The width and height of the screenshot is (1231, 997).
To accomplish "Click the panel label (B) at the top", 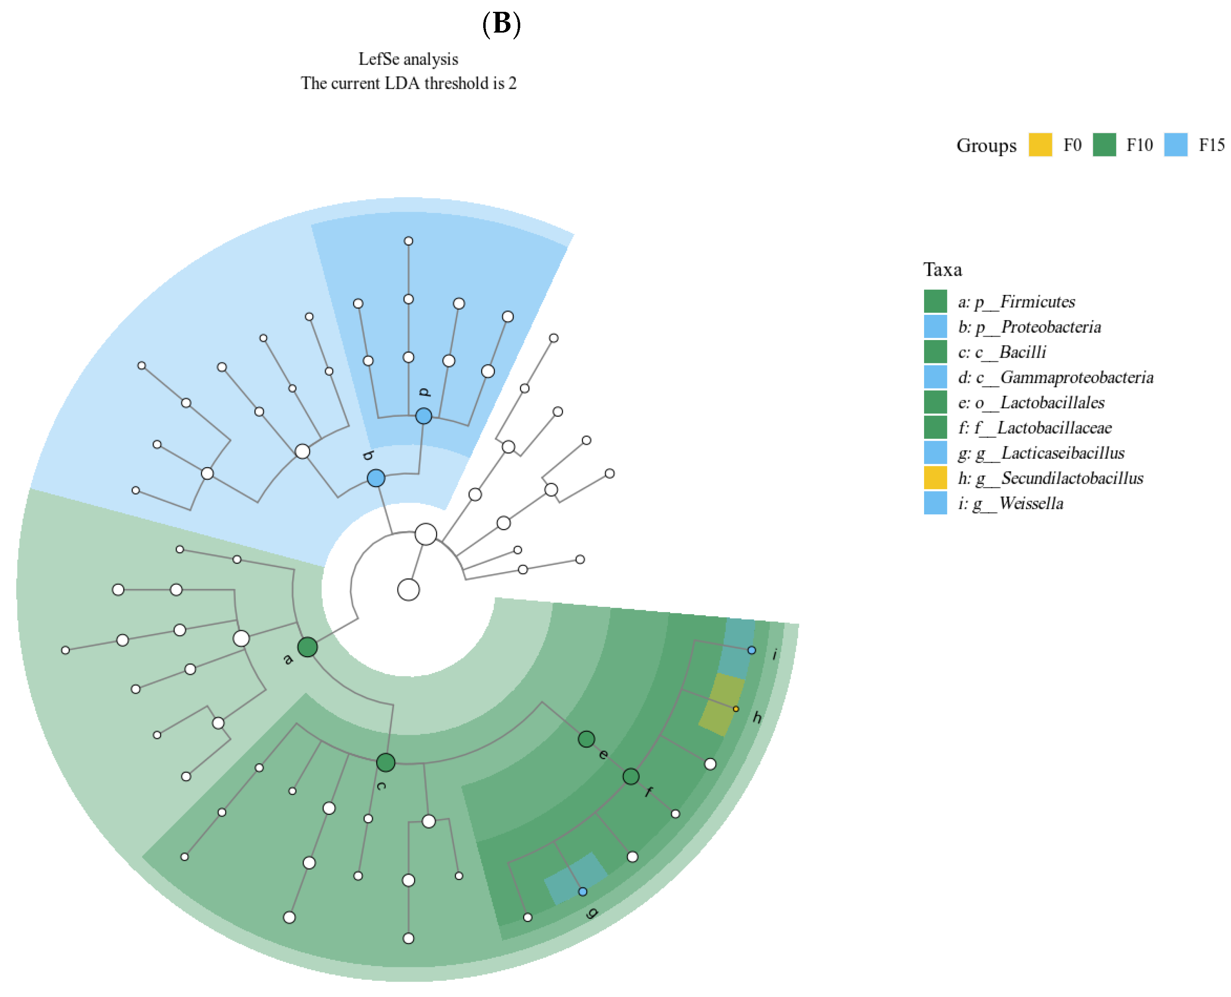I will pyautogui.click(x=501, y=24).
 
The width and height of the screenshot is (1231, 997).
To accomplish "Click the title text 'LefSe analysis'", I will pyautogui.click(x=408, y=59).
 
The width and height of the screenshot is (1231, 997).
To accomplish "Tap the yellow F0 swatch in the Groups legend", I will pyautogui.click(x=1040, y=145).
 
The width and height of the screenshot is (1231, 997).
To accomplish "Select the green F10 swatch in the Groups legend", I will pyautogui.click(x=1104, y=145).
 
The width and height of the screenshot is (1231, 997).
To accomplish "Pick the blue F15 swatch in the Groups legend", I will pyautogui.click(x=1175, y=145).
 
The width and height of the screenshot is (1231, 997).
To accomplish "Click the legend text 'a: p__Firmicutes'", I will pyautogui.click(x=1016, y=301).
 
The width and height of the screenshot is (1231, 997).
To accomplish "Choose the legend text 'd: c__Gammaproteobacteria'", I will pyautogui.click(x=1055, y=377).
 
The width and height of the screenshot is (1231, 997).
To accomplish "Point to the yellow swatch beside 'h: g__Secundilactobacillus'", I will pyautogui.click(x=935, y=478).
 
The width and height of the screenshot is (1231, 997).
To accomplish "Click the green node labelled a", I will pyautogui.click(x=308, y=647).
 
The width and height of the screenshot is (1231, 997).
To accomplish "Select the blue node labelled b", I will pyautogui.click(x=376, y=478).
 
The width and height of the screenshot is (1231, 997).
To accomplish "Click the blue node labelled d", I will pyautogui.click(x=423, y=416).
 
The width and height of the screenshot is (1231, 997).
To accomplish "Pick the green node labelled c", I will pyautogui.click(x=386, y=763).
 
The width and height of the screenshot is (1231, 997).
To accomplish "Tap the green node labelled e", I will pyautogui.click(x=586, y=739).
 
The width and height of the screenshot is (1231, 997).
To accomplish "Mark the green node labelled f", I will pyautogui.click(x=631, y=777).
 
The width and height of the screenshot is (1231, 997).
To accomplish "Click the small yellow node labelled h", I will pyautogui.click(x=736, y=709).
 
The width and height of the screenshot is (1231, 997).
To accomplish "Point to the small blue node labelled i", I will pyautogui.click(x=751, y=650).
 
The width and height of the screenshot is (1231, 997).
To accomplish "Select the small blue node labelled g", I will pyautogui.click(x=583, y=892).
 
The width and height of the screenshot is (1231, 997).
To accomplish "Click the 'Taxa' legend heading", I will pyautogui.click(x=942, y=269).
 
